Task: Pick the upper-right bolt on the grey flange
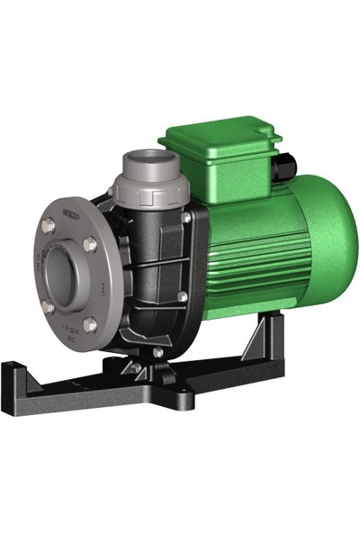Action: coord(89,243)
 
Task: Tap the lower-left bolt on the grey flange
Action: coord(49,306)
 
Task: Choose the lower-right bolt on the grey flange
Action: coord(90,323)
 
